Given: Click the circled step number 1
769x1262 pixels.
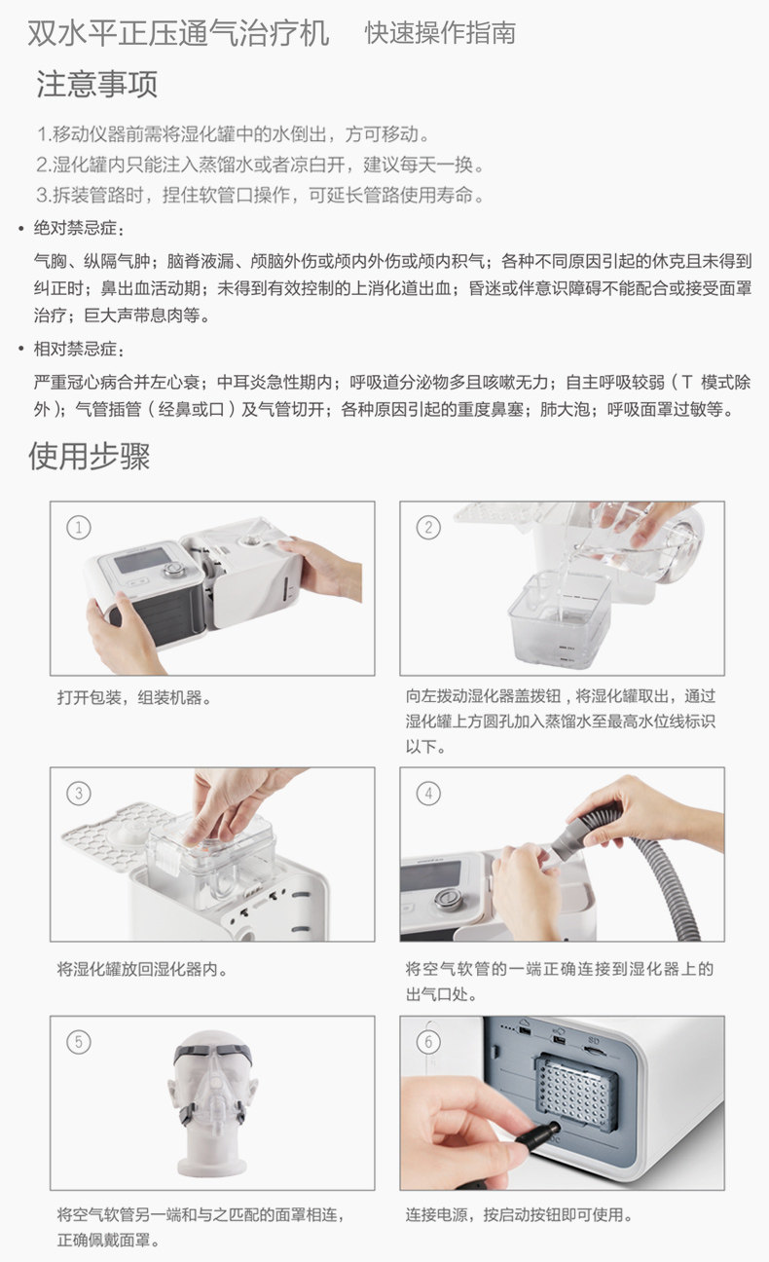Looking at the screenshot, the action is pos(78,528).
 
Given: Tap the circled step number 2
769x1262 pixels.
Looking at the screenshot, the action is pos(428,528).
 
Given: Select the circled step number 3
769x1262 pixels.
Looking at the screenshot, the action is pos(78,794).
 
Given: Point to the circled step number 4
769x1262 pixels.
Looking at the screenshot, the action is pos(428,794).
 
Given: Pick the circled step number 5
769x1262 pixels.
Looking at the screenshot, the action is pos(78,1042).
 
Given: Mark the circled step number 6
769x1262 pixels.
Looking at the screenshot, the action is pos(428,1042).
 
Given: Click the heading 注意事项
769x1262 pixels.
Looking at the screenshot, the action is pos(97,85).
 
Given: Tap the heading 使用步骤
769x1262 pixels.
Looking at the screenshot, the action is pos(89,456).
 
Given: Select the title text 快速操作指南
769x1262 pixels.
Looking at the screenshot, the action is pos(440,33).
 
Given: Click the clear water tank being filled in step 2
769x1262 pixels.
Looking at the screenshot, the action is pos(560,618).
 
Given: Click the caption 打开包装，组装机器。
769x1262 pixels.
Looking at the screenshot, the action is pos(134,698).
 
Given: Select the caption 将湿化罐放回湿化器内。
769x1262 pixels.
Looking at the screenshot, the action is pos(142,969).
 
